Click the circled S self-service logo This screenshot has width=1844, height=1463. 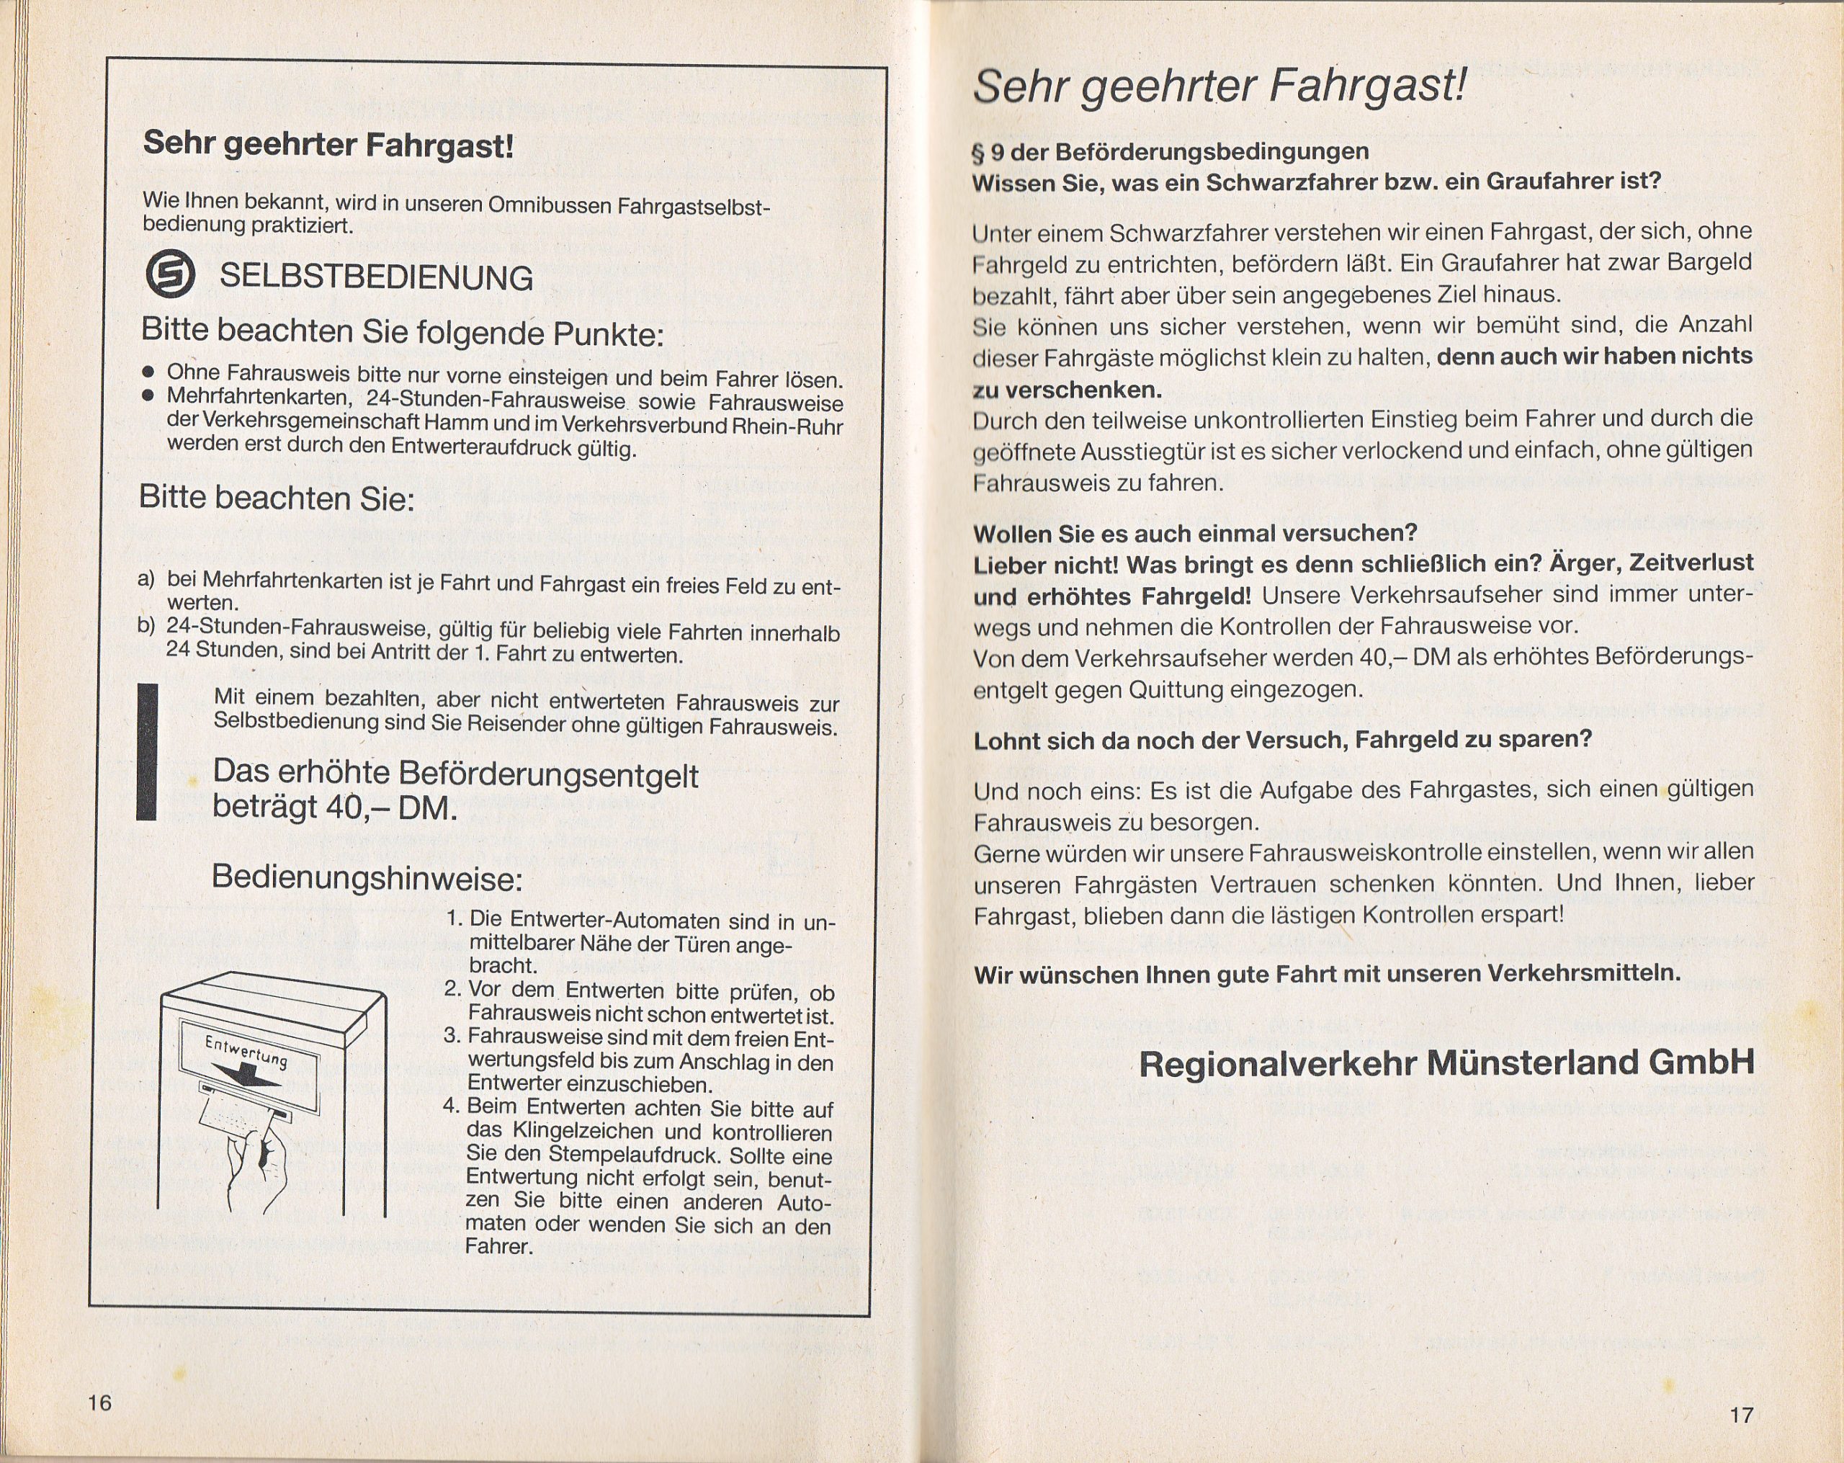171,274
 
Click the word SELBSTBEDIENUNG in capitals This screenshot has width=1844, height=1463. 375,278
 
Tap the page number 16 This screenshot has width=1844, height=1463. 100,1404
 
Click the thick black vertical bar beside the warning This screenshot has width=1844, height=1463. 147,752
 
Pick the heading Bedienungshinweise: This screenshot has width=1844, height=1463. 366,878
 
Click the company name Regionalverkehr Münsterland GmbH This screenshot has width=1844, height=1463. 1446,1063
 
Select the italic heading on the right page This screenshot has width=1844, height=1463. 1219,86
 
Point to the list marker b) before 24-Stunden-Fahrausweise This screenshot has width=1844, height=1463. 146,625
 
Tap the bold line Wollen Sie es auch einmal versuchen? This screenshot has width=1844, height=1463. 1196,533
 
